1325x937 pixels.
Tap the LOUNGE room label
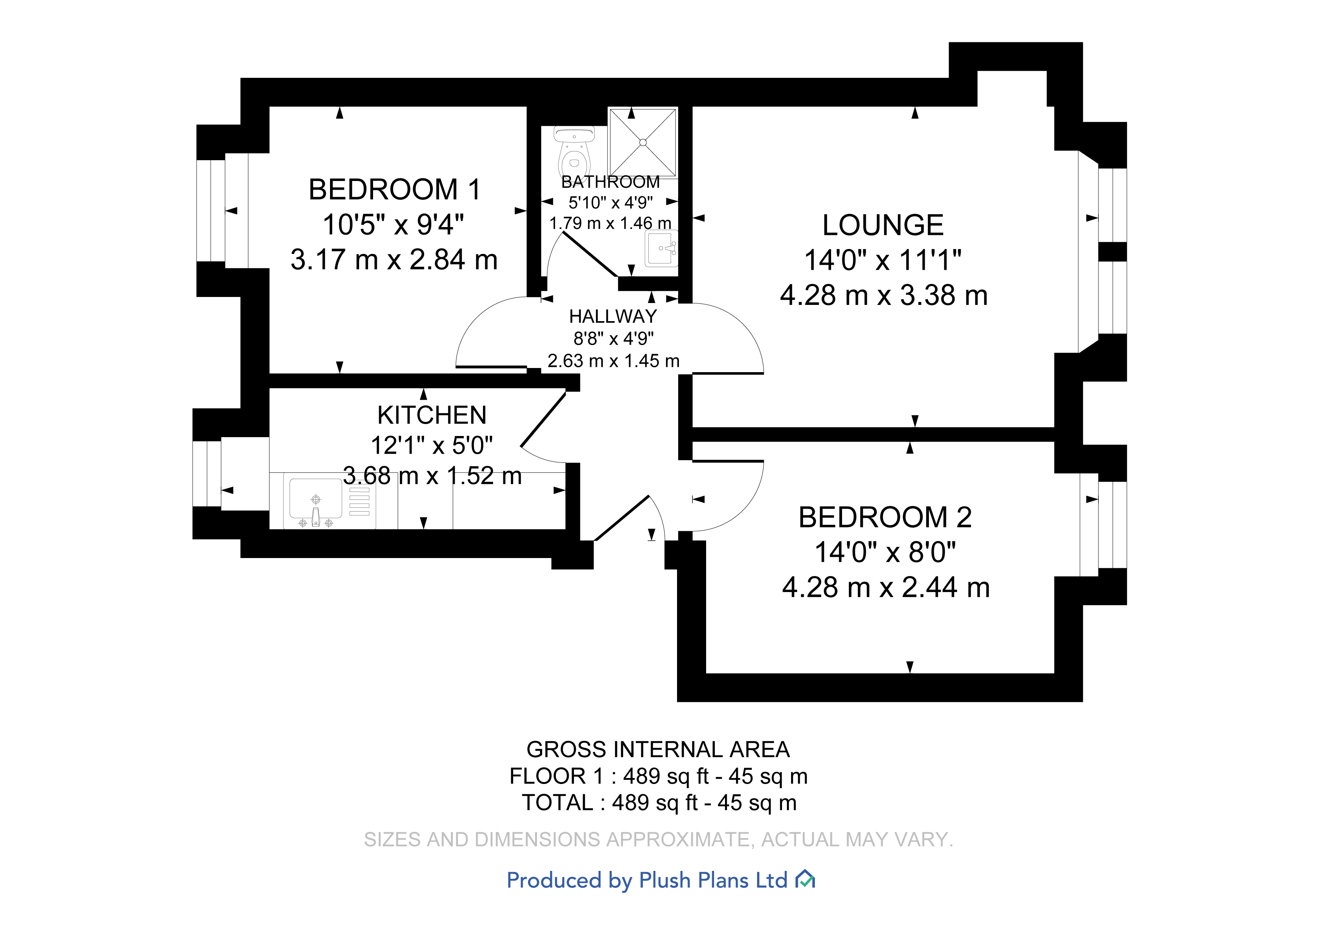(x=882, y=225)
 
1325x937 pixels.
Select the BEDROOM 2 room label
(x=885, y=517)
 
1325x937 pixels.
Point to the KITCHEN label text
(x=432, y=415)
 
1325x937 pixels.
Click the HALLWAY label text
(x=613, y=316)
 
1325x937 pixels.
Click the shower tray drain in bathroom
(x=643, y=142)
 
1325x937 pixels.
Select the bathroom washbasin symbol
(x=661, y=248)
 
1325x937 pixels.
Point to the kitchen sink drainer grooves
(x=359, y=501)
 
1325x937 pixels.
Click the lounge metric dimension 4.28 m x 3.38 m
(x=884, y=295)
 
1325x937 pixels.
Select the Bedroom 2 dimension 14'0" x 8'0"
(x=885, y=552)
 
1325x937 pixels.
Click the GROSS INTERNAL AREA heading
(x=658, y=749)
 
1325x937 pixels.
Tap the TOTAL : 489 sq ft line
(x=659, y=802)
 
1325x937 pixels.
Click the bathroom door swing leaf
(x=589, y=254)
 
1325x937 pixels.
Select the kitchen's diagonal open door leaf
(x=543, y=419)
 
